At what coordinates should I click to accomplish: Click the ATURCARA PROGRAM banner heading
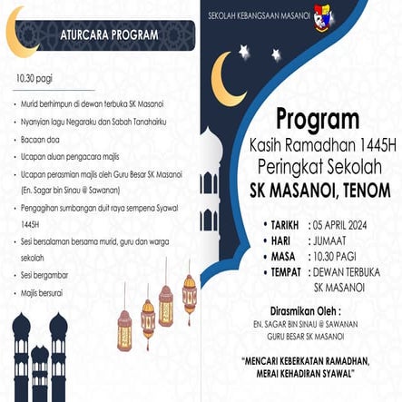point(108,35)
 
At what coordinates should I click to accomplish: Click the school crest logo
point(324,16)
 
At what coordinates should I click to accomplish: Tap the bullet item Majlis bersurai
point(44,293)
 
